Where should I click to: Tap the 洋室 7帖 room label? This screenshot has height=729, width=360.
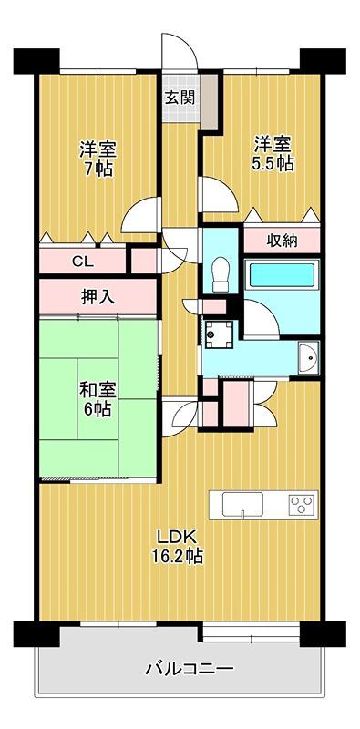[98, 159]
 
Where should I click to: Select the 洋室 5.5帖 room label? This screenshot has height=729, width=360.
[273, 154]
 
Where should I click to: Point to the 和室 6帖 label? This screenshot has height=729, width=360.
[97, 399]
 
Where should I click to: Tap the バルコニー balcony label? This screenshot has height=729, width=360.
[189, 670]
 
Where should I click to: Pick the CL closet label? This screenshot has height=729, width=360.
[83, 262]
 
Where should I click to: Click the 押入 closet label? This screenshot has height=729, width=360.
[98, 297]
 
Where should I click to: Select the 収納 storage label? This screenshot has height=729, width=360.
[283, 241]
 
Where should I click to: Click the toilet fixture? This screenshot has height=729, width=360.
[220, 275]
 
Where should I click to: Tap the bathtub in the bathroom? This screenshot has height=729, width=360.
[283, 275]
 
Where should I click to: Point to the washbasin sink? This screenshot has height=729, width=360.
[308, 357]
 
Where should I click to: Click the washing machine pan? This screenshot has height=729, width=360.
[218, 334]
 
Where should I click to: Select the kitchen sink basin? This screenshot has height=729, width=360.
[242, 505]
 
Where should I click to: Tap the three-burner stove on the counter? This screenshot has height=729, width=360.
[302, 505]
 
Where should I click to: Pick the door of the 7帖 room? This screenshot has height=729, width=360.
[141, 216]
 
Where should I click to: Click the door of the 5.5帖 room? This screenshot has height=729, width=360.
[218, 195]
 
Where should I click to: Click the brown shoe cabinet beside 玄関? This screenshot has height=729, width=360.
[210, 101]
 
